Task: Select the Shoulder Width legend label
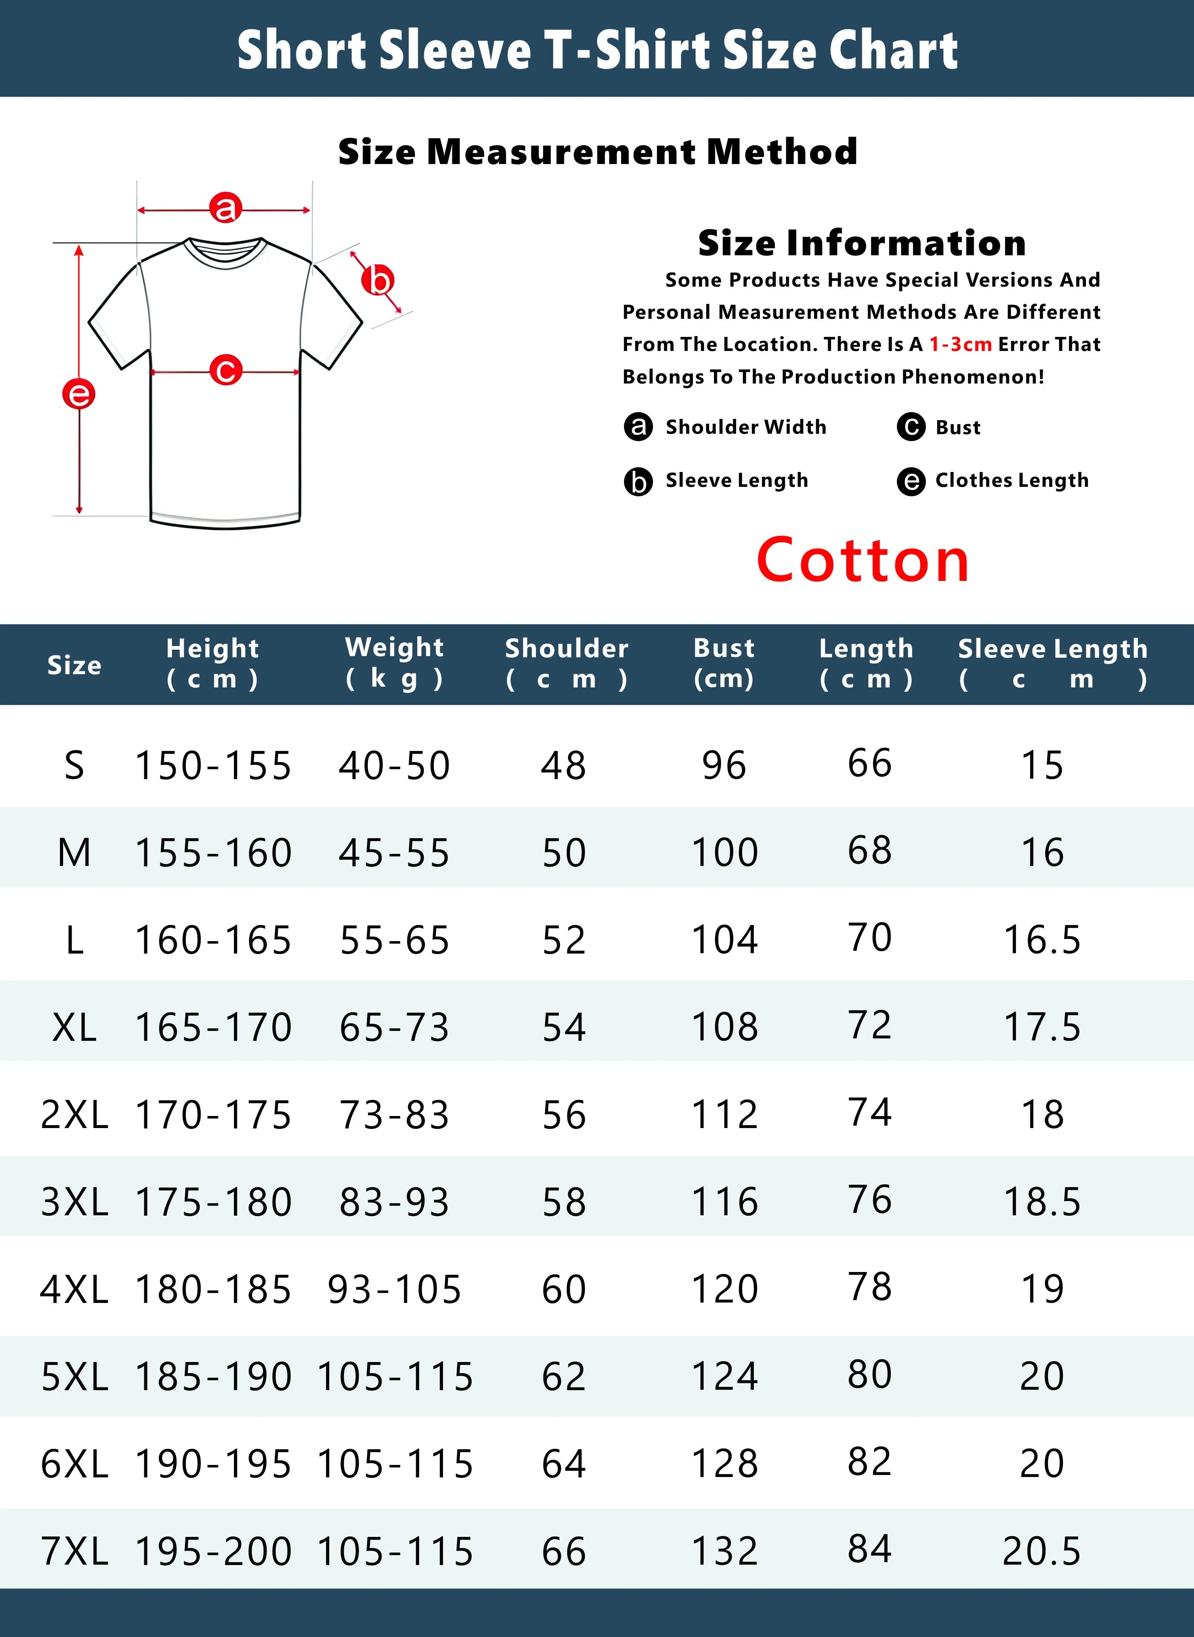[x=745, y=427]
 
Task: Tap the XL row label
[x=74, y=1027]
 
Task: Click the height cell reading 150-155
[x=213, y=765]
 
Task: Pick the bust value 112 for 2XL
[x=725, y=1114]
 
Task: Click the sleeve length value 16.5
[x=1042, y=940]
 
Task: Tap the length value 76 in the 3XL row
[x=870, y=1200]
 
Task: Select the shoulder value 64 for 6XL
[x=564, y=1464]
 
